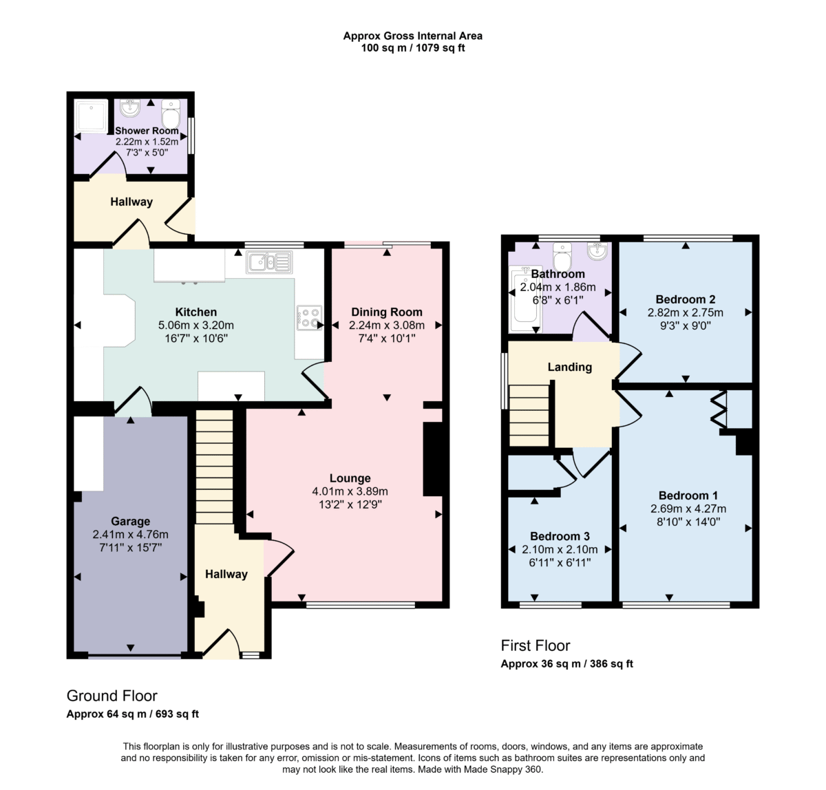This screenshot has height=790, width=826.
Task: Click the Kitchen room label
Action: (x=195, y=312)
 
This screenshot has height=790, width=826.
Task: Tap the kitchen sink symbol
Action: (x=270, y=262)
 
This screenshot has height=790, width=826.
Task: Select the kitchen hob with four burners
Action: (x=310, y=318)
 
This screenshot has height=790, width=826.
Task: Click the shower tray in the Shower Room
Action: (x=92, y=114)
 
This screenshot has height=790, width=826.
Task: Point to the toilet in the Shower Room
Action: (x=171, y=114)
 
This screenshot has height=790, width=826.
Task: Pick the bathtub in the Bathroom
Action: (x=525, y=299)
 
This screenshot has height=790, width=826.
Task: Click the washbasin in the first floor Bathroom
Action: (x=597, y=251)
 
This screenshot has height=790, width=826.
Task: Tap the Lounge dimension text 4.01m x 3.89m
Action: (x=350, y=491)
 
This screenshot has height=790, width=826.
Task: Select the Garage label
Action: (x=130, y=521)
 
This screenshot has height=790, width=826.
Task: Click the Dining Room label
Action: (x=387, y=312)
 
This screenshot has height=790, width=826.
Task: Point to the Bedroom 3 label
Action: (x=560, y=536)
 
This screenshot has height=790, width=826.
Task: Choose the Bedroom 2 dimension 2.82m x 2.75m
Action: (x=685, y=312)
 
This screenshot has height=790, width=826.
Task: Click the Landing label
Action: (x=570, y=367)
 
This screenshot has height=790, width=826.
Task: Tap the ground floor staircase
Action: (x=214, y=467)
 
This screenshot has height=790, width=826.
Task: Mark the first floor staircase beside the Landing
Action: (x=529, y=416)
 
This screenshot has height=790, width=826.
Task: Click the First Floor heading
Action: (x=536, y=645)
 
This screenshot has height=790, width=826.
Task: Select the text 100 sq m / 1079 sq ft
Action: (x=413, y=48)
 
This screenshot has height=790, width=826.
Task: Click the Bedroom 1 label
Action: (x=688, y=495)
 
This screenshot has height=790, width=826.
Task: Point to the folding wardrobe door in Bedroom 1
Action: (x=719, y=409)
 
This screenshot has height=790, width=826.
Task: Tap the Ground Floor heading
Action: (x=112, y=696)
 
